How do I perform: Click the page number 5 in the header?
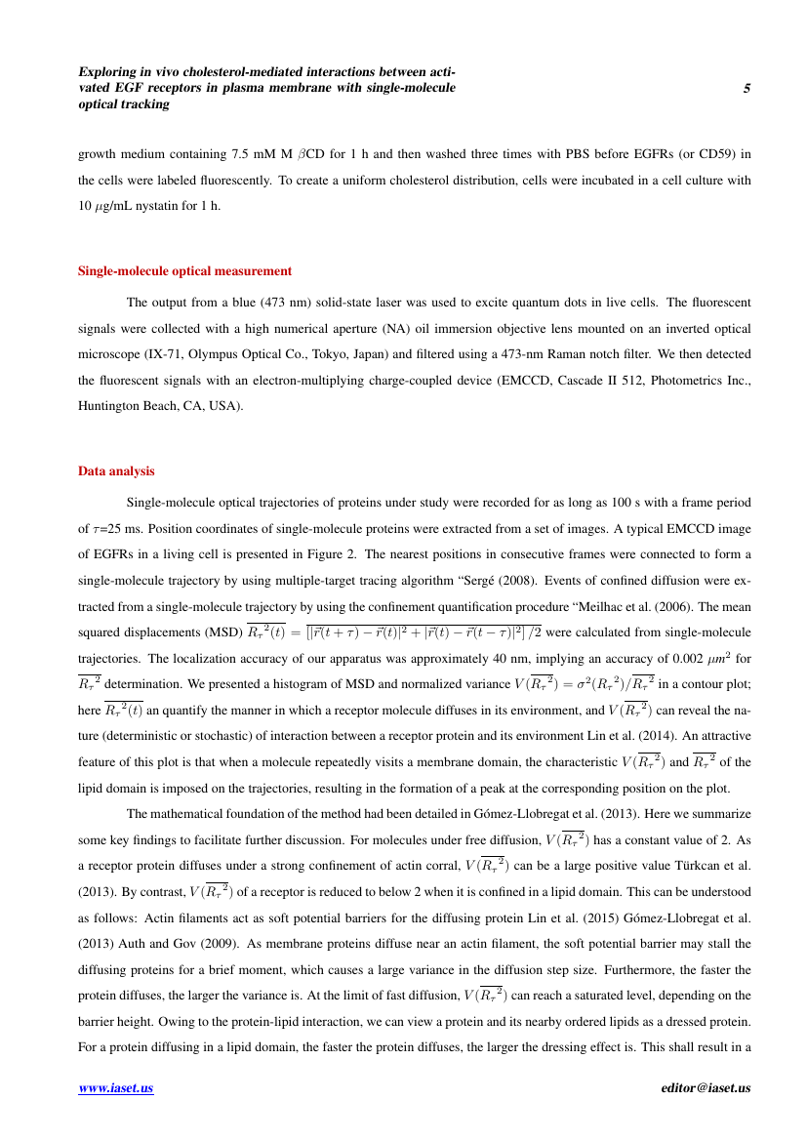pyautogui.click(x=746, y=89)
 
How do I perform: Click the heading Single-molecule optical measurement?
pyautogui.click(x=184, y=271)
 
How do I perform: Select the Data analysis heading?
pyautogui.click(x=116, y=471)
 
